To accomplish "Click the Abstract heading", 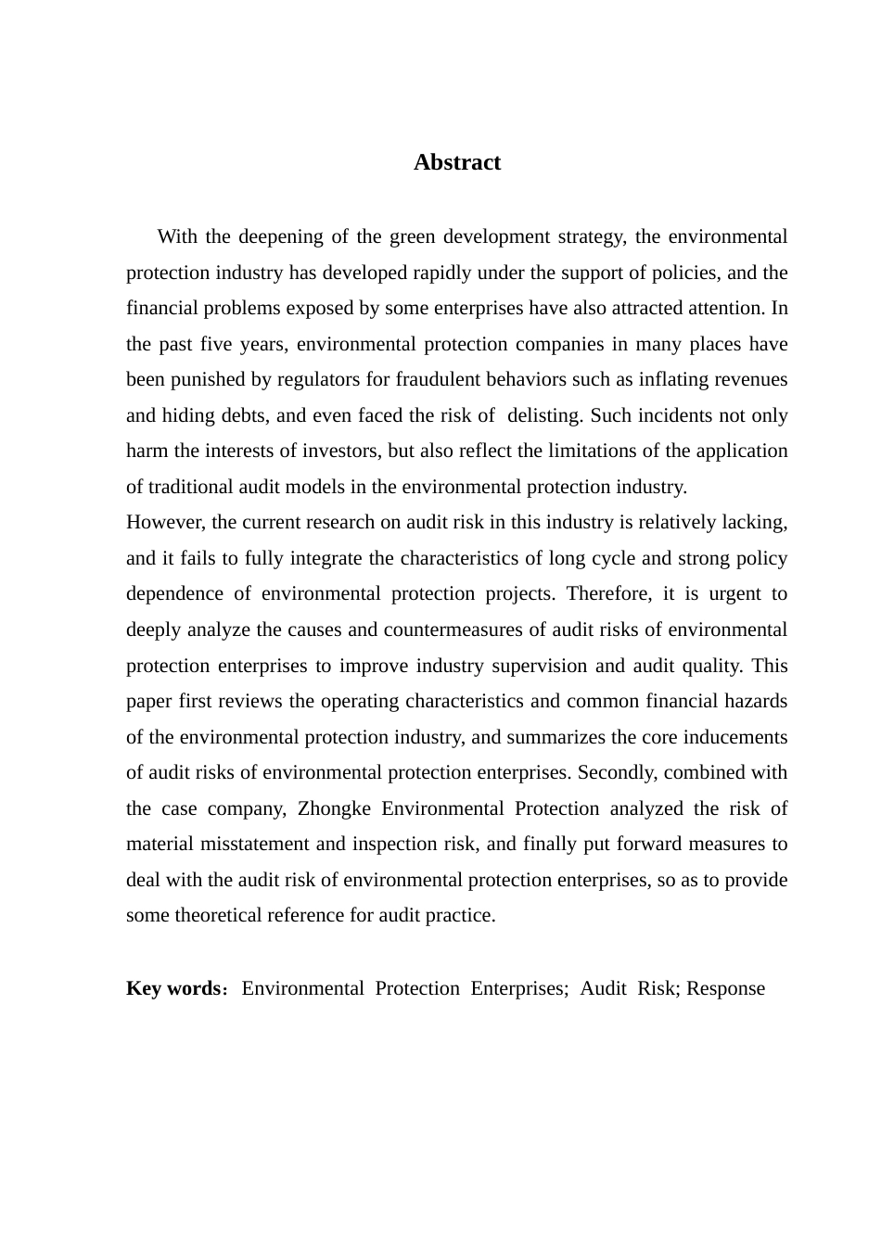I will tap(456, 162).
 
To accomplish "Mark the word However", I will tap(166, 522).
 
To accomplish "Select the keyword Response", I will tap(726, 988).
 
